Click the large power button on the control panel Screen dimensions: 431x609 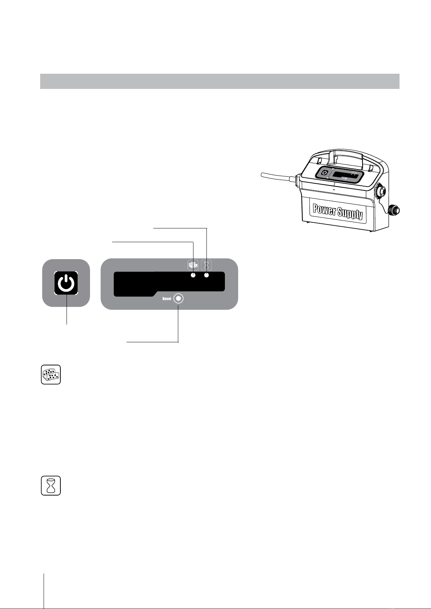(x=66, y=283)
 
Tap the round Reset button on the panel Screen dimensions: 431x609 (x=178, y=299)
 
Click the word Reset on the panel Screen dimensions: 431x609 (x=167, y=299)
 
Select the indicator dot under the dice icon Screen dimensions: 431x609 (x=193, y=275)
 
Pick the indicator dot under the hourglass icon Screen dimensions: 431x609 (x=207, y=275)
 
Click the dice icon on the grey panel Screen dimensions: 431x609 (x=193, y=265)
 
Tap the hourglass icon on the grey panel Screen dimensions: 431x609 (x=206, y=265)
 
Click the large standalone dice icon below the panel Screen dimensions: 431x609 (x=51, y=375)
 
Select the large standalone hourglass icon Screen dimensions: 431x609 (x=51, y=485)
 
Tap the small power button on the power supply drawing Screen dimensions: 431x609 (x=325, y=173)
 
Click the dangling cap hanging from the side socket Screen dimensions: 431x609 (x=394, y=210)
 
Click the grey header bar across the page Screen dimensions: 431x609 (x=220, y=81)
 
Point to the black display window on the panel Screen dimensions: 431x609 (x=169, y=284)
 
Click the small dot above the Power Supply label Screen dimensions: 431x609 (x=334, y=189)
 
